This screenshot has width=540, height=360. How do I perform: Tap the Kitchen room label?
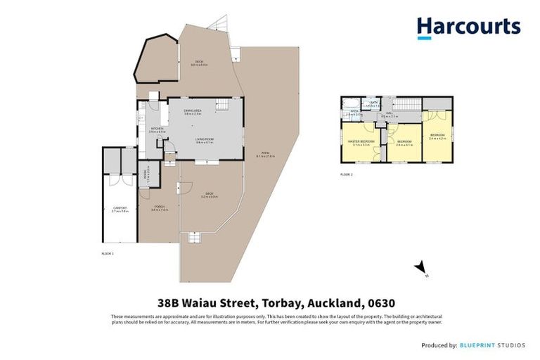157,129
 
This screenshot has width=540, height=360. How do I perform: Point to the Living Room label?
205,140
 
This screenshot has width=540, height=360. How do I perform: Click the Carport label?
119,207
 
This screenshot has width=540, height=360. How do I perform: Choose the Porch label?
158,207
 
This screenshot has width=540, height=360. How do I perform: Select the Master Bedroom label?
360,142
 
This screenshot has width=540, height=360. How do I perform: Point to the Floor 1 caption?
108,253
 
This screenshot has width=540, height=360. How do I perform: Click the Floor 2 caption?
346,173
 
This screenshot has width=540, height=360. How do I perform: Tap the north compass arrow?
420,266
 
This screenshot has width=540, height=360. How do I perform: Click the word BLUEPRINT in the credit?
481,345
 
